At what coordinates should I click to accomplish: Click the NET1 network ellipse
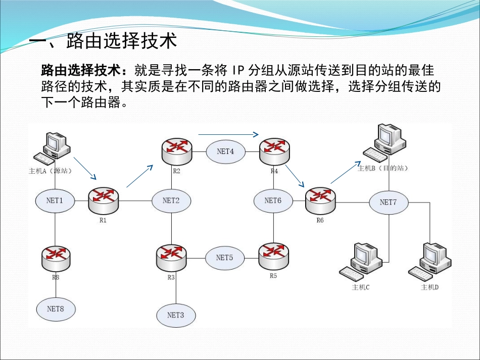pyautogui.click(x=55, y=200)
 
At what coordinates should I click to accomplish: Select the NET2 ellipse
pyautogui.click(x=171, y=200)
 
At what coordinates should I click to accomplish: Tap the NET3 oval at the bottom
pyautogui.click(x=175, y=315)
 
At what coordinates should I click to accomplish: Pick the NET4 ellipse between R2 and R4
pyautogui.click(x=225, y=151)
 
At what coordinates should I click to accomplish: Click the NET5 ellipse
pyautogui.click(x=224, y=258)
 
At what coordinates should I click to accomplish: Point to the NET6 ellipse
pyautogui.click(x=273, y=200)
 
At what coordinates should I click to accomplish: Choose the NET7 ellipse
pyautogui.click(x=388, y=202)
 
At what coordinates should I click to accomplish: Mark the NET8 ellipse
pyautogui.click(x=55, y=308)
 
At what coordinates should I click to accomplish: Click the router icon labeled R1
pyautogui.click(x=104, y=199)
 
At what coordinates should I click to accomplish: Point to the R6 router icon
pyautogui.click(x=320, y=199)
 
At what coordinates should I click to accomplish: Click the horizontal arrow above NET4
pyautogui.click(x=228, y=134)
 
